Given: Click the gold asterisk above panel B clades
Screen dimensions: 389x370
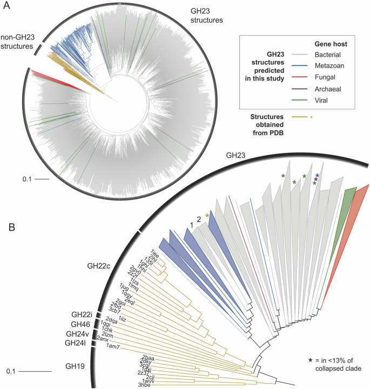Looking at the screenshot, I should pos(207,216).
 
